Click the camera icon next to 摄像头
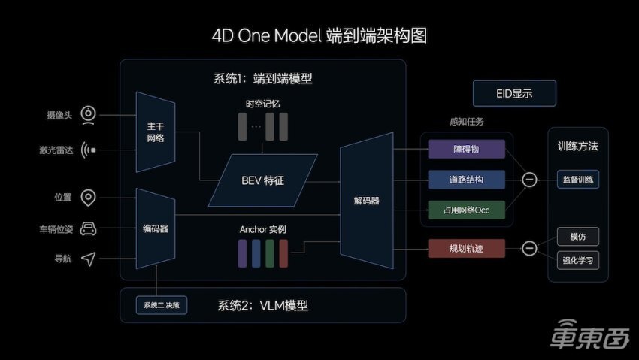pos(89,115)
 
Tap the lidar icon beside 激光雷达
pos(89,150)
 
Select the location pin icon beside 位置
pos(89,198)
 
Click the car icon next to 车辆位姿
pos(89,228)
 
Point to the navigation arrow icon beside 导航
pos(89,259)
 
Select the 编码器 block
pos(156,228)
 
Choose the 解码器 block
pos(366,201)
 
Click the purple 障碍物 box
pos(466,149)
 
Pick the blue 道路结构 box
pos(466,180)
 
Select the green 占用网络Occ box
pos(466,210)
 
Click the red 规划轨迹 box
pos(466,247)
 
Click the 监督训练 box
pos(578,180)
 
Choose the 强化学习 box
pos(578,260)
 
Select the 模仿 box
pos(578,236)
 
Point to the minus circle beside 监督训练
pos(529,180)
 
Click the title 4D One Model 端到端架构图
pos(320,35)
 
